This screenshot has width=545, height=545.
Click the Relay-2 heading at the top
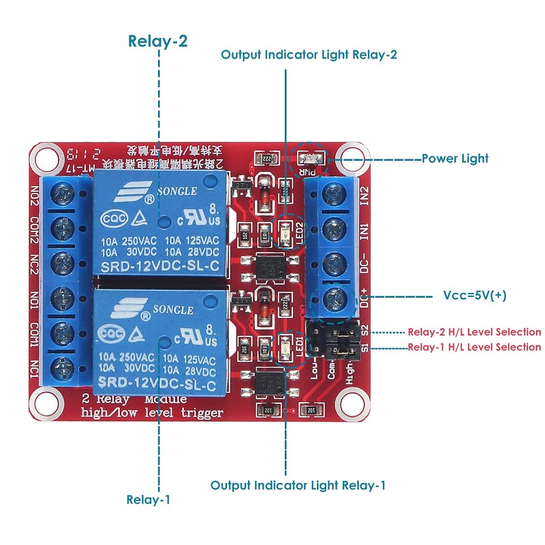tap(158, 41)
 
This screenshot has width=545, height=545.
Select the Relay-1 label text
tap(149, 499)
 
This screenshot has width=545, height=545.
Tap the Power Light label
tap(454, 158)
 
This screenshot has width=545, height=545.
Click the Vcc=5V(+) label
tap(474, 296)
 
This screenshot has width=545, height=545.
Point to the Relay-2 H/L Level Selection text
tap(474, 332)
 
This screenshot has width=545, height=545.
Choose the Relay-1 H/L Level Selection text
tap(474, 347)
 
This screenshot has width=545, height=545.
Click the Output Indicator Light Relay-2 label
tap(309, 55)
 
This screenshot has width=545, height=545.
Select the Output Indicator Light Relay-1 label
tap(298, 485)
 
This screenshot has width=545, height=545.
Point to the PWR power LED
tap(309, 159)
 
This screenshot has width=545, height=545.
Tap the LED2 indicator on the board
tap(285, 234)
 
